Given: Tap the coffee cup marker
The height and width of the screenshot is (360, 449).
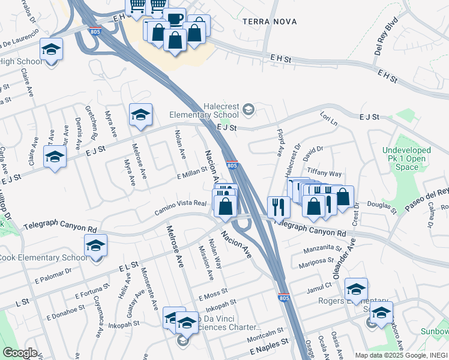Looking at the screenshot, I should point(175,19).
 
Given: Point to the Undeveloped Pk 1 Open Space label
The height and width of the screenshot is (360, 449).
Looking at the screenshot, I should point(407,158).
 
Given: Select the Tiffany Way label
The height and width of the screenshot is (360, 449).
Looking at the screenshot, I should point(324,173).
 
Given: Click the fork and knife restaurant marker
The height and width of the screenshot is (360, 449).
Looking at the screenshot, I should point(279,207).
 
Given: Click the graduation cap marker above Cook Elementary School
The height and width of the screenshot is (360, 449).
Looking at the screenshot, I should point(95,245).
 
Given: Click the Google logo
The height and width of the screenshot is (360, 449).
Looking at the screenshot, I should point(20,352).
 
